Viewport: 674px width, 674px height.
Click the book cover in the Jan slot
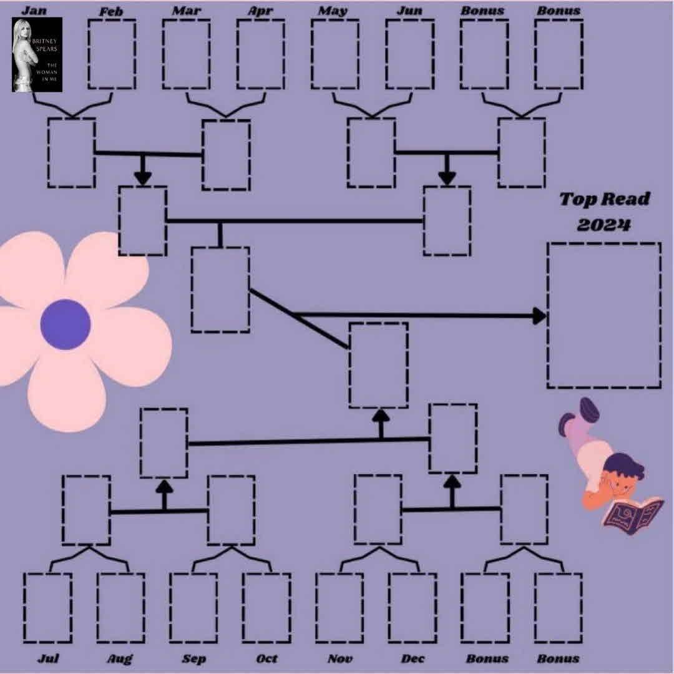(x=37, y=54)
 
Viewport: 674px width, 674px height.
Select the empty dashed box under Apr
(x=260, y=54)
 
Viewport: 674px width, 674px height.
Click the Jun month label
(x=410, y=11)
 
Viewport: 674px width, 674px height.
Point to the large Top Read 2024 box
(x=603, y=315)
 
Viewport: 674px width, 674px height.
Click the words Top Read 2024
(x=603, y=212)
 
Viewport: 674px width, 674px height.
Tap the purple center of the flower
(x=66, y=324)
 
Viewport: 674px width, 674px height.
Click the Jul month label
(x=48, y=658)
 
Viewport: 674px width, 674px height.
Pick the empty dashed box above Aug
(x=120, y=608)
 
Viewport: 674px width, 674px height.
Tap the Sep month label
(x=194, y=658)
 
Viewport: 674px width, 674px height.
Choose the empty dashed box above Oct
(x=266, y=608)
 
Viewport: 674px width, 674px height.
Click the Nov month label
(x=340, y=658)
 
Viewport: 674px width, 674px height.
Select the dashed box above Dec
(x=413, y=608)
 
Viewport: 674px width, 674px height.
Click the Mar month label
(x=187, y=11)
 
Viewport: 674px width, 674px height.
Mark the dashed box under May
(x=335, y=54)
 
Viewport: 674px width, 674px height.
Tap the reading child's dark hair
(x=625, y=465)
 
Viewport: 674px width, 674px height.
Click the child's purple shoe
(x=587, y=410)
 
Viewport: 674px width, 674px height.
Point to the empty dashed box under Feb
(x=112, y=54)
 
